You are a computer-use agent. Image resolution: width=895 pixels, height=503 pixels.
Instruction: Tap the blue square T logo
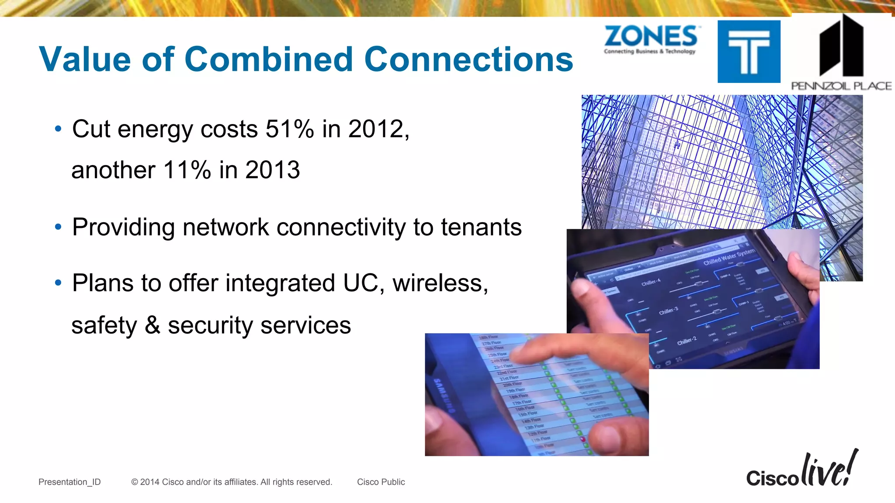click(749, 52)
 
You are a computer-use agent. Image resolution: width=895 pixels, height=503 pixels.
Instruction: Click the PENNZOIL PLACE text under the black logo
click(841, 86)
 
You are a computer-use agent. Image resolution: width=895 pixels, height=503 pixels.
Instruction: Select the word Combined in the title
click(269, 59)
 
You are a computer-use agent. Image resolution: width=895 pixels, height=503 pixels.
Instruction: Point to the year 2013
click(273, 170)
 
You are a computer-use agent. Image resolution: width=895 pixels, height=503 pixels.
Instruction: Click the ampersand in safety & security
click(153, 325)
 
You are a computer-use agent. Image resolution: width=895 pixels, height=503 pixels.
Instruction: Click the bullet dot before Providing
click(58, 227)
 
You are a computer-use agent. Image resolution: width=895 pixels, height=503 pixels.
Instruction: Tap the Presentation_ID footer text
click(69, 482)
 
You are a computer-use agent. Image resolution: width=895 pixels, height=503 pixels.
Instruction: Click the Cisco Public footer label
click(381, 482)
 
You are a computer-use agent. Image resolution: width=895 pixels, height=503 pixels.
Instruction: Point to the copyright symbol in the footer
click(135, 482)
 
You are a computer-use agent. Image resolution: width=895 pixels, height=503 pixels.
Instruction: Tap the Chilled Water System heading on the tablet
click(728, 257)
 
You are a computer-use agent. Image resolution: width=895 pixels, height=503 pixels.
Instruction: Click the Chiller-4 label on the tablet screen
click(651, 283)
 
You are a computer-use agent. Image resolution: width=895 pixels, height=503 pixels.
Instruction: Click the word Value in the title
click(85, 59)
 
